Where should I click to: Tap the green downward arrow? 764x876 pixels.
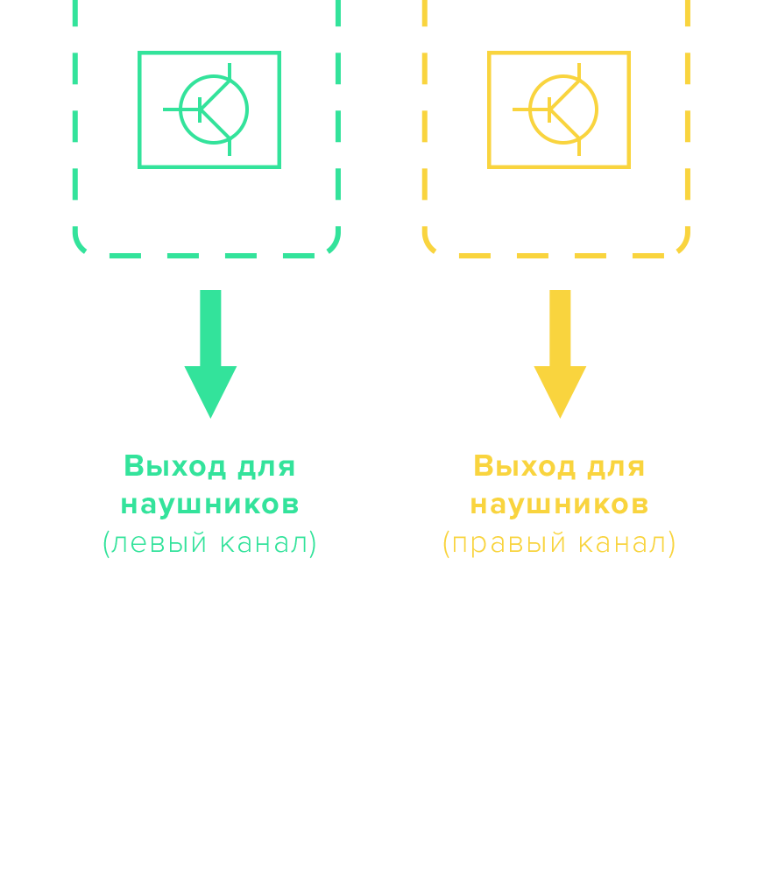210,350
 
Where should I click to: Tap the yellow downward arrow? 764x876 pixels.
560,350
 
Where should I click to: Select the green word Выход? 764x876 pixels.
175,466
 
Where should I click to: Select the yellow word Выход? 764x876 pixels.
525,466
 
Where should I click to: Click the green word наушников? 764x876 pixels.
209,505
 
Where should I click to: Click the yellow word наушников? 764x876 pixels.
559,505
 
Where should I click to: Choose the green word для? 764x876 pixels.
266,467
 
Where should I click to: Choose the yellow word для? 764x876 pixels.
616,467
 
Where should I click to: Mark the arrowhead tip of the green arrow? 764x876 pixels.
210,416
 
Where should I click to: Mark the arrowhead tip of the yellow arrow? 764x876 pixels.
560,416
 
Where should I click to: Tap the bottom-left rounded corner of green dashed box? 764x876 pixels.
80,245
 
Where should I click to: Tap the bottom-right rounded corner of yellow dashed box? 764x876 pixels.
683,245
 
